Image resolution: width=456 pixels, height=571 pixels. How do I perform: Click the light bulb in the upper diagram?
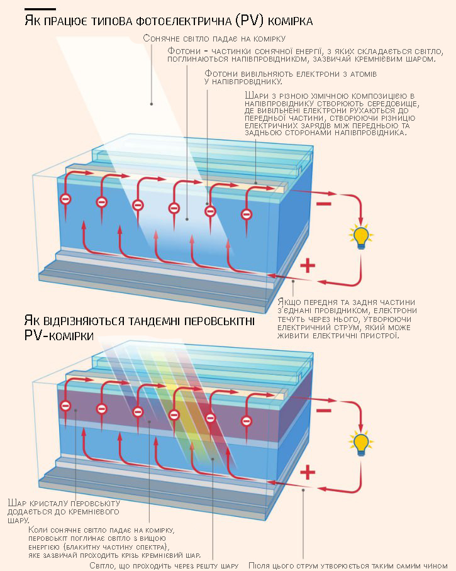[361, 236]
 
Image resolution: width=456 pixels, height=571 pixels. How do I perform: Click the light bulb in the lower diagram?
[361, 443]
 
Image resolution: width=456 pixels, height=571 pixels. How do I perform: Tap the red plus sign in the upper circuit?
[308, 265]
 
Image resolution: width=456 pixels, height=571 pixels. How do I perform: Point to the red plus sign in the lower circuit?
[308, 472]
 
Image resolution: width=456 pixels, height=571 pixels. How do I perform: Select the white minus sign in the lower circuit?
[324, 411]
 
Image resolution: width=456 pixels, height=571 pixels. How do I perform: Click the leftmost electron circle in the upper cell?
[65, 199]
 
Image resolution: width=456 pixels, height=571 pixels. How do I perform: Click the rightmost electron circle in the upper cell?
[246, 214]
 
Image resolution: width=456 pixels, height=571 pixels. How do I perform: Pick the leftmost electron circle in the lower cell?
[65, 406]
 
